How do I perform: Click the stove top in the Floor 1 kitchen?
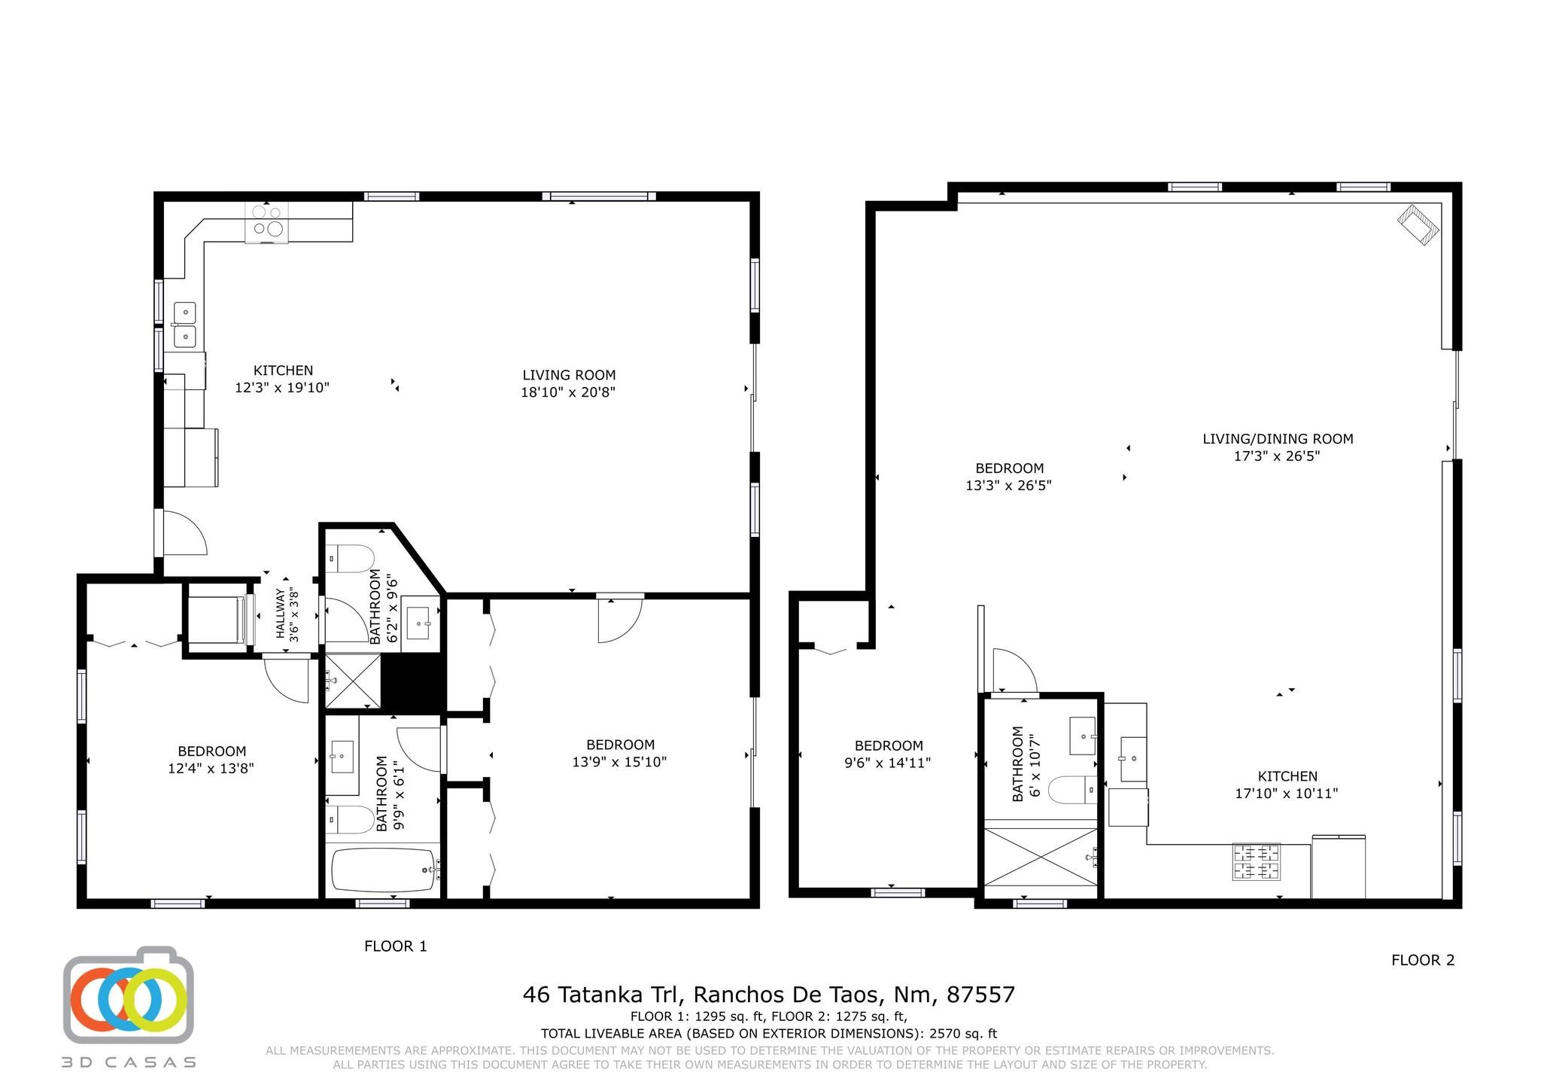click(x=266, y=222)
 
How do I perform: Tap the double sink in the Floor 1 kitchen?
click(x=185, y=324)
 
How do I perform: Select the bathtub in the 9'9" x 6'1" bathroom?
click(x=384, y=870)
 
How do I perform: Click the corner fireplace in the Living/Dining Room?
click(x=1419, y=225)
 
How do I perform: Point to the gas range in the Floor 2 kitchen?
click(x=1256, y=861)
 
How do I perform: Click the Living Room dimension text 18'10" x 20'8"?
click(x=568, y=392)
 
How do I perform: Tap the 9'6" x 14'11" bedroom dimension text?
click(x=888, y=763)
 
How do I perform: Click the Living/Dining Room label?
click(x=1278, y=439)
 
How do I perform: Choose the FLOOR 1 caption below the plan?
click(x=396, y=946)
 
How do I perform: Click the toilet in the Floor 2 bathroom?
click(x=1071, y=791)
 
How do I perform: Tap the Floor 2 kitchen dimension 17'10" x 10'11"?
click(x=1287, y=794)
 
